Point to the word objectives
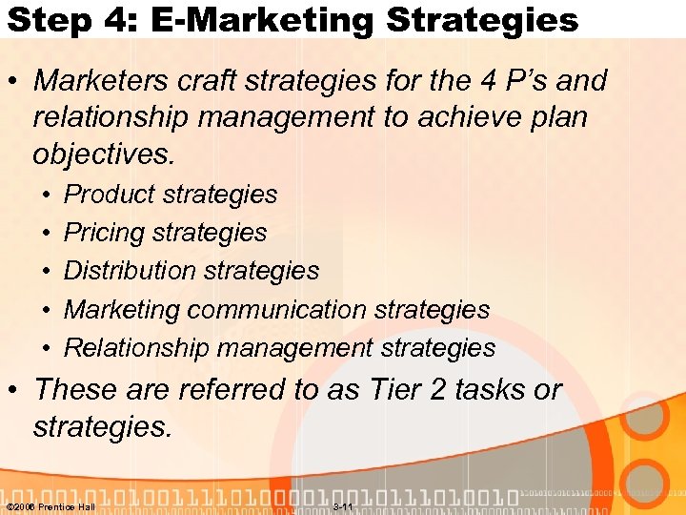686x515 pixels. coord(103,153)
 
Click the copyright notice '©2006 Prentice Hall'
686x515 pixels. coord(50,506)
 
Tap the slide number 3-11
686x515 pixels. coord(344,506)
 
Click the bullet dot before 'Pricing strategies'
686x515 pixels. coord(46,233)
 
